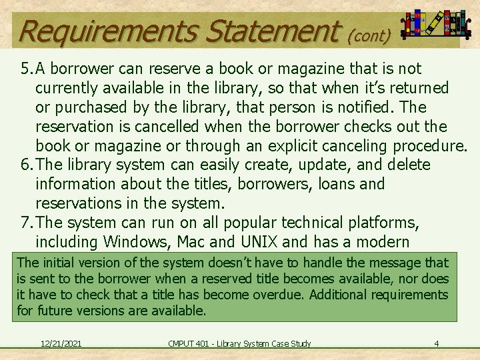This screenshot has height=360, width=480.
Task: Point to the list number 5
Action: [24, 69]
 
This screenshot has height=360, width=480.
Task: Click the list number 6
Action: [24, 165]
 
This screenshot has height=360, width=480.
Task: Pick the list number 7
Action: [24, 223]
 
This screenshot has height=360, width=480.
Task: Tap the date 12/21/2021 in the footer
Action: [61, 343]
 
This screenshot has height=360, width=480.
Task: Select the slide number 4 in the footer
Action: [436, 343]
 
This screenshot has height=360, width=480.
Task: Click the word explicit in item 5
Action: [284, 145]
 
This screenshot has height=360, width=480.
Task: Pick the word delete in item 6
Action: [407, 165]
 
